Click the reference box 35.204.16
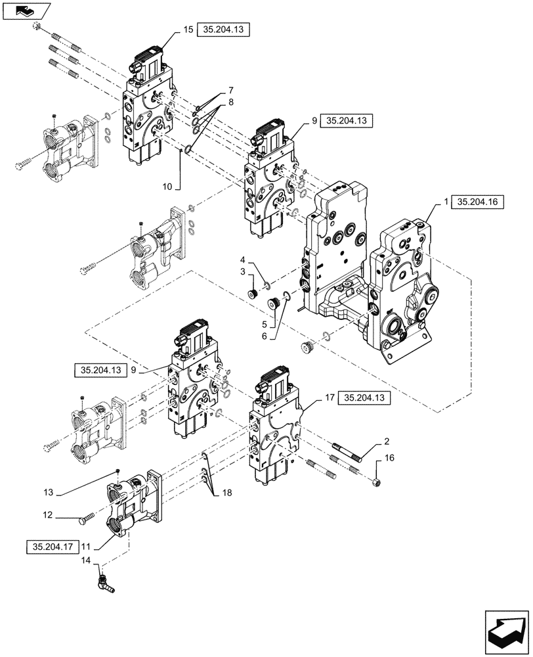point(477,203)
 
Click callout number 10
point(168,187)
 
